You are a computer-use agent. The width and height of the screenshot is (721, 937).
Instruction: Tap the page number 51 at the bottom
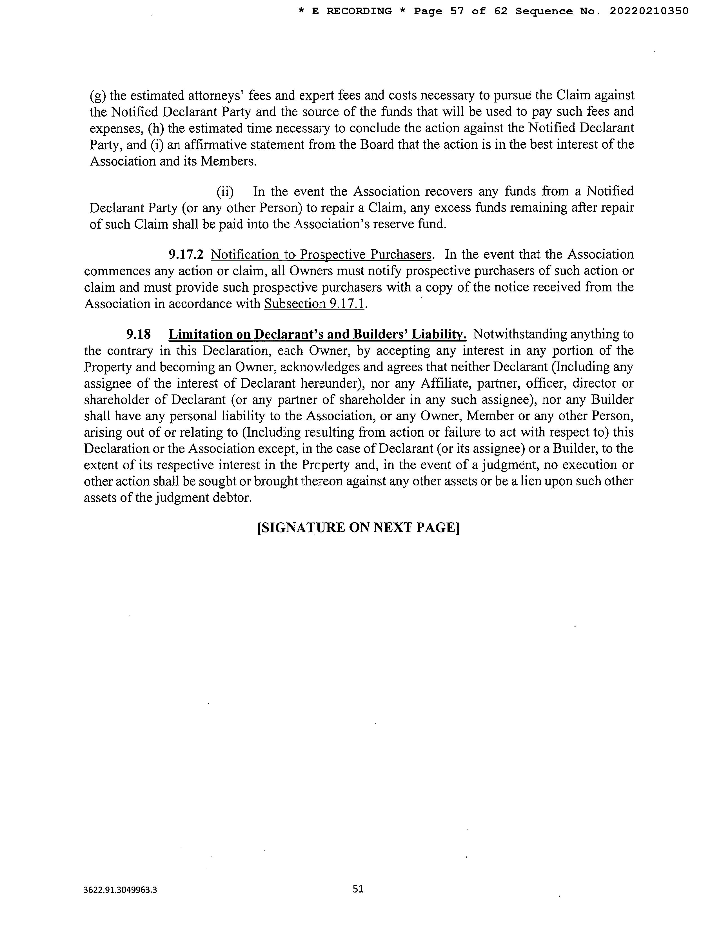point(358,889)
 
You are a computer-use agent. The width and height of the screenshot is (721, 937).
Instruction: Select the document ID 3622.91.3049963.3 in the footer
point(120,890)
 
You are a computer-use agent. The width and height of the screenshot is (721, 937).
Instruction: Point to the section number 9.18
point(138,334)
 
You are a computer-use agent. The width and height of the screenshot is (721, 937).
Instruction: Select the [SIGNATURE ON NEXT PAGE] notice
point(358,527)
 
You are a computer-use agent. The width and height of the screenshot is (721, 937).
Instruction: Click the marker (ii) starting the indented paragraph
point(224,191)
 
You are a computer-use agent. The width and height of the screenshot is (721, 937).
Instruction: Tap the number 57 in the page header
point(457,11)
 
